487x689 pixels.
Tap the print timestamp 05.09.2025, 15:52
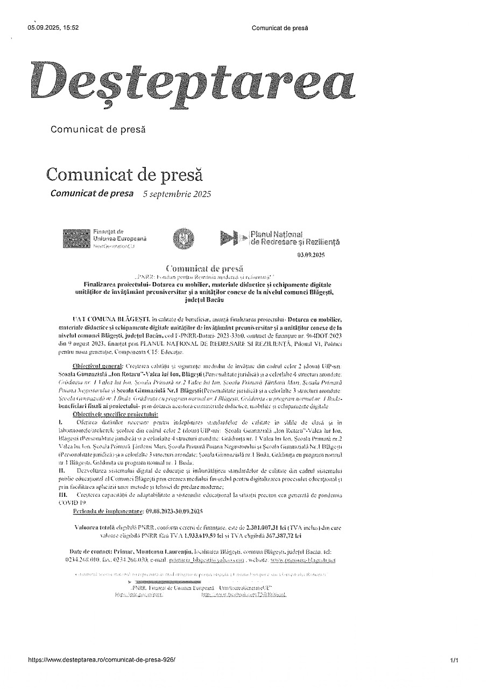(53, 28)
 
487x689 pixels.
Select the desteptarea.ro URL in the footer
(101, 659)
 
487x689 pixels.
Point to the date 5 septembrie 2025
(177, 194)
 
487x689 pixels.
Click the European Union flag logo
(76, 238)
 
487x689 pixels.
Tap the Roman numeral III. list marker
(63, 494)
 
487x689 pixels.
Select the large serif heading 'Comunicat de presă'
(125, 174)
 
